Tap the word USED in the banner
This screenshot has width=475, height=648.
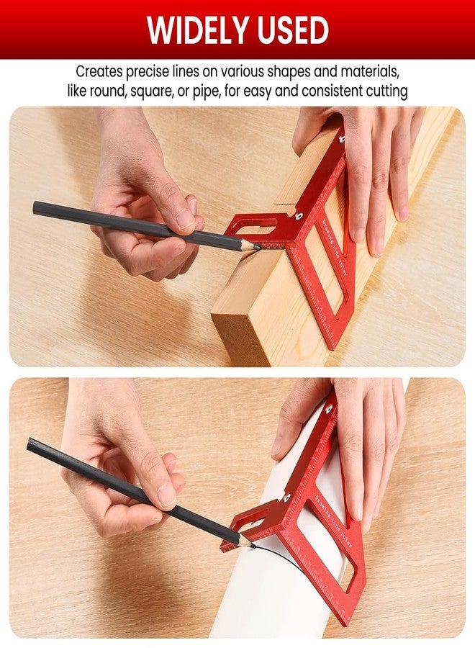pyautogui.click(x=287, y=30)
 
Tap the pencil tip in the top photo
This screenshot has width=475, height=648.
pyautogui.click(x=257, y=247)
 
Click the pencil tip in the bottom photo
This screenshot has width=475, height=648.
pyautogui.click(x=251, y=546)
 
